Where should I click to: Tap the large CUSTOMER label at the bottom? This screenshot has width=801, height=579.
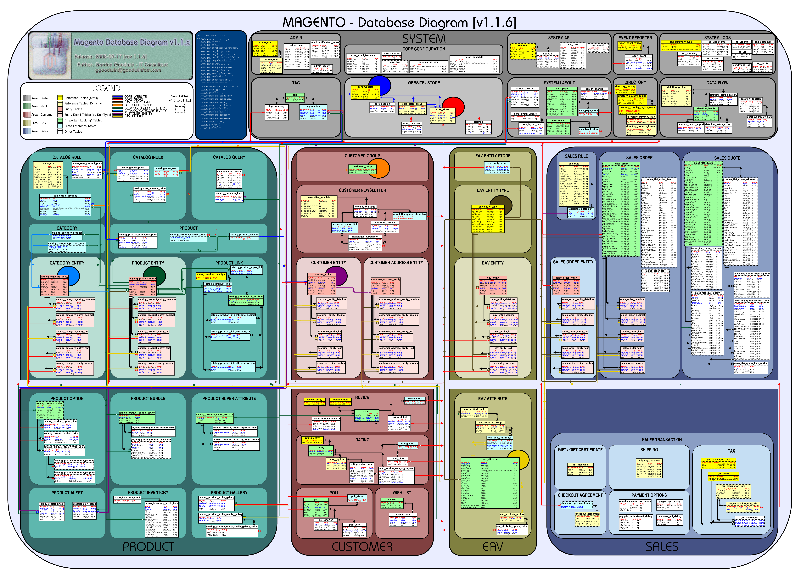(362, 547)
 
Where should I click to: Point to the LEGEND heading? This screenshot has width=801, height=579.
(106, 88)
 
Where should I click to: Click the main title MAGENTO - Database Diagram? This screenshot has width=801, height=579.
(399, 23)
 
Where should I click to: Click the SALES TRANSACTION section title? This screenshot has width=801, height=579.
(662, 440)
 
